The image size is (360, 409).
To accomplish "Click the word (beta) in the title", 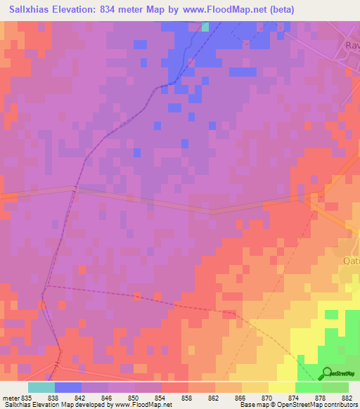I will pyautogui.click(x=279, y=9).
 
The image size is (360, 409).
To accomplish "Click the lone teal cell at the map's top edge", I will pyautogui.click(x=205, y=27).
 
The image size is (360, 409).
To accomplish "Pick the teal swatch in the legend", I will pyautogui.click(x=41, y=387).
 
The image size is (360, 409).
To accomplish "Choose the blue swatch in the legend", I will pyautogui.click(x=67, y=387).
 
